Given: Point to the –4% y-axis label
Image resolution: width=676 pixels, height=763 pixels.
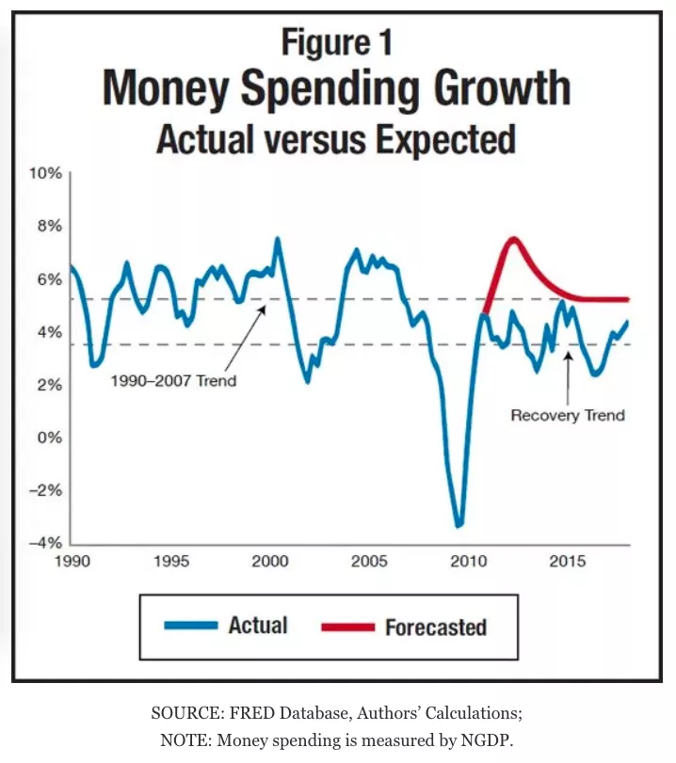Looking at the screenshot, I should click(45, 543).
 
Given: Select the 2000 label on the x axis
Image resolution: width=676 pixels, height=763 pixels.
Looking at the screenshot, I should click(269, 562).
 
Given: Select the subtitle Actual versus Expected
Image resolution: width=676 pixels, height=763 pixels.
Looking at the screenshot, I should click(336, 138).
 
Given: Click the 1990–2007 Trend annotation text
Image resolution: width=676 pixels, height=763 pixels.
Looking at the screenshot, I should click(173, 381).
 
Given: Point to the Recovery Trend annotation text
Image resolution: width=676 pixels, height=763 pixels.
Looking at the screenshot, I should click(568, 415).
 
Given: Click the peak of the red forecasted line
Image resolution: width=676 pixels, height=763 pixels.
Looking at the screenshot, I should click(513, 238).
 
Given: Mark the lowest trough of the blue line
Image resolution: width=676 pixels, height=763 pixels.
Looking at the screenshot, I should click(459, 525).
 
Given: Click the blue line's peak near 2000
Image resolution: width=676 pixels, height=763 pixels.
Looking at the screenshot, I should click(277, 239).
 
